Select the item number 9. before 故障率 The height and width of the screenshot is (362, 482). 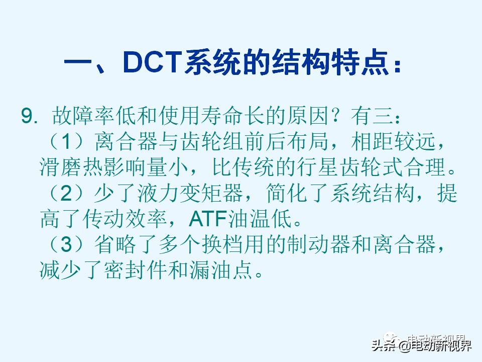pyautogui.click(x=30, y=116)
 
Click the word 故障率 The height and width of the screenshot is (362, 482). pyautogui.click(x=84, y=116)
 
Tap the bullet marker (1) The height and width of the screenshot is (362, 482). pyautogui.click(x=67, y=142)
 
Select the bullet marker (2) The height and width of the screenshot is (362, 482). pyautogui.click(x=67, y=193)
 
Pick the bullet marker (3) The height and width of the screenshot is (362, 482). pyautogui.click(x=67, y=244)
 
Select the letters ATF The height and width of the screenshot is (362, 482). pyautogui.click(x=208, y=219)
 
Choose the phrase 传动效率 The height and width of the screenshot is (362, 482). pyautogui.click(x=125, y=219)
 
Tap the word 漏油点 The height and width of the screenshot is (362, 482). pyautogui.click(x=221, y=270)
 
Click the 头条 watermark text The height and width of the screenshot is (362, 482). pyautogui.click(x=384, y=345)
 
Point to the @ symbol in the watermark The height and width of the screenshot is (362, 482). pyautogui.click(x=404, y=346)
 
